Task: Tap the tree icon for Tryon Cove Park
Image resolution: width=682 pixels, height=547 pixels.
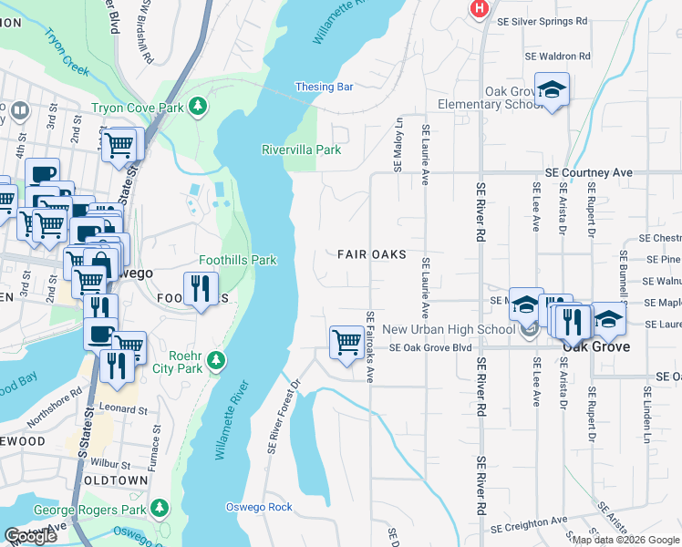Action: click(x=197, y=108)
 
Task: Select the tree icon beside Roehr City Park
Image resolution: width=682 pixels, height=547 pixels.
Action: click(x=216, y=362)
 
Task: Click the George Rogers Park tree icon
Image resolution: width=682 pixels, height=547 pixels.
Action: click(x=160, y=507)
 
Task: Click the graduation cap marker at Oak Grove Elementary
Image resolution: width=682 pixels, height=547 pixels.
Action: click(x=552, y=90)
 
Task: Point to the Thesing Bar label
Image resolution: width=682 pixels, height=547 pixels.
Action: click(x=324, y=88)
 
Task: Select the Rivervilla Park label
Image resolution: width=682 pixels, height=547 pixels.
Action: click(x=301, y=150)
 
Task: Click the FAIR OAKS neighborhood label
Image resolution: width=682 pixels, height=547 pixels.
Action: click(x=371, y=255)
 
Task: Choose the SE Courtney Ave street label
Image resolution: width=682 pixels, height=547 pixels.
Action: click(x=588, y=172)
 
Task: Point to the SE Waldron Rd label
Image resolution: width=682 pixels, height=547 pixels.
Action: click(x=558, y=56)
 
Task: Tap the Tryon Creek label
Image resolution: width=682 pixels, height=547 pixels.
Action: click(x=66, y=50)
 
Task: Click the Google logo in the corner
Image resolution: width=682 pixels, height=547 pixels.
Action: click(x=30, y=536)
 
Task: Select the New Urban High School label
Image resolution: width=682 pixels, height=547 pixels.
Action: click(x=448, y=329)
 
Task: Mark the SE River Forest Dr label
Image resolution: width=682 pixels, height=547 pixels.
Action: click(x=284, y=416)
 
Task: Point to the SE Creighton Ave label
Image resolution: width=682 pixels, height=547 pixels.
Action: click(x=529, y=527)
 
